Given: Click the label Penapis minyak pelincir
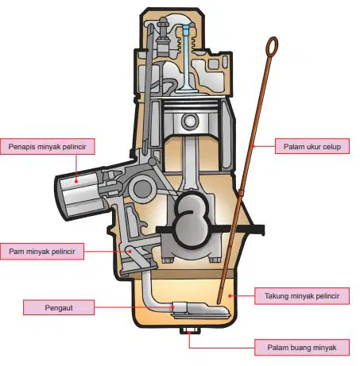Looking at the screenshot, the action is [48, 146].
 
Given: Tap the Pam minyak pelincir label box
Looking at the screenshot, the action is [42, 252].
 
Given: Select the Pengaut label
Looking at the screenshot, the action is [59, 307].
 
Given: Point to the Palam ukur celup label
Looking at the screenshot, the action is [312, 146].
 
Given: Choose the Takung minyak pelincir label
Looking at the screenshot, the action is [302, 296].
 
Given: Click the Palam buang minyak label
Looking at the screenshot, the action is [302, 348].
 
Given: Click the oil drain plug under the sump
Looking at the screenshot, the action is [188, 330].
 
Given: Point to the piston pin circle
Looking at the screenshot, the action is [190, 121].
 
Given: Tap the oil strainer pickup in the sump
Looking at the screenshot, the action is [200, 310].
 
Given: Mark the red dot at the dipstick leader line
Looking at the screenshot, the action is [253, 146].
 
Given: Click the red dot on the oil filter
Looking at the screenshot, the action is [76, 181].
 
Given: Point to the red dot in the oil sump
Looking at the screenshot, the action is [230, 296].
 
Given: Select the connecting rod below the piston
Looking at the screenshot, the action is [190, 165].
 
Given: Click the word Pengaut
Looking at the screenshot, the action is [59, 308].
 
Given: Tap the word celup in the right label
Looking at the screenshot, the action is [331, 147].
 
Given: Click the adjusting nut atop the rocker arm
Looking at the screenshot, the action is [162, 24].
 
